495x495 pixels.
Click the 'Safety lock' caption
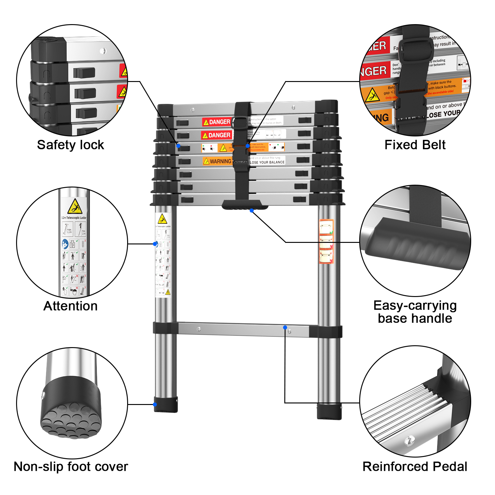click(71, 145)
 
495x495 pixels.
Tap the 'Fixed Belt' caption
click(415, 145)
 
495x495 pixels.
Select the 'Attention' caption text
click(71, 306)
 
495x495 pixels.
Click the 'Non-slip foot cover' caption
click(71, 467)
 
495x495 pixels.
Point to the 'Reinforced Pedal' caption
click(415, 467)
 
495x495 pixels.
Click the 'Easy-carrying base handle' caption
click(415, 312)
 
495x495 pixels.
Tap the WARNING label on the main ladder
click(217, 161)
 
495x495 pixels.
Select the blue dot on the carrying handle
click(252, 210)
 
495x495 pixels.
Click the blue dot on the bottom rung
click(285, 327)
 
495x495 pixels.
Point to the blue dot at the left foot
click(155, 404)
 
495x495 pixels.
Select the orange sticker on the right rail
click(326, 241)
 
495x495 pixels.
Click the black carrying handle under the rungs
click(244, 205)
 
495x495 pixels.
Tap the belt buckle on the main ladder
click(240, 123)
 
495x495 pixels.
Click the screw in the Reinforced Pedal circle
click(409, 440)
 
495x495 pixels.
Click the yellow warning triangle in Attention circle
click(75, 206)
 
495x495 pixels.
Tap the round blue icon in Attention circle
click(65, 244)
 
